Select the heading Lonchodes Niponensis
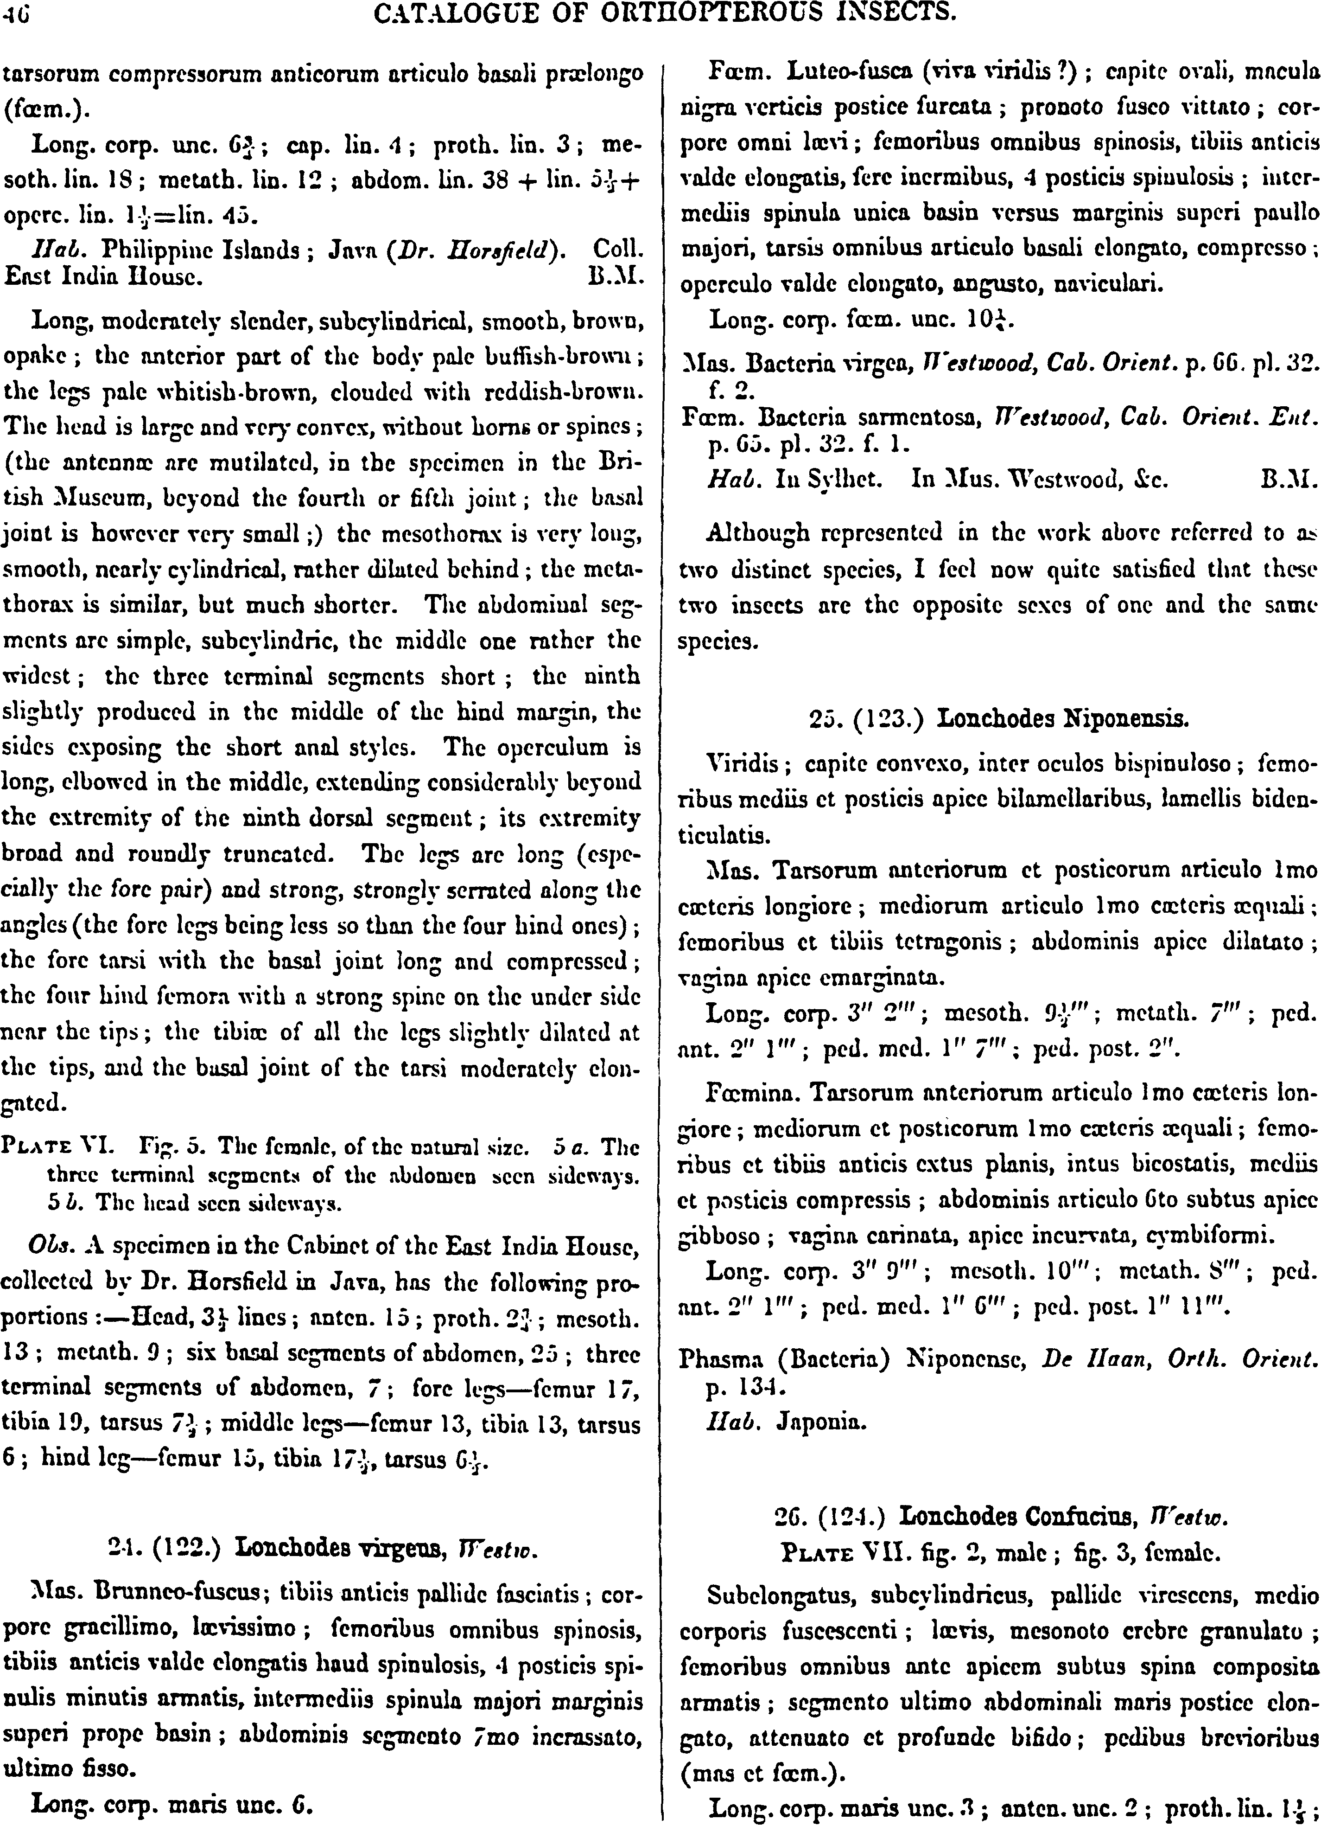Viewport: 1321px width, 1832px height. coord(1062,719)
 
